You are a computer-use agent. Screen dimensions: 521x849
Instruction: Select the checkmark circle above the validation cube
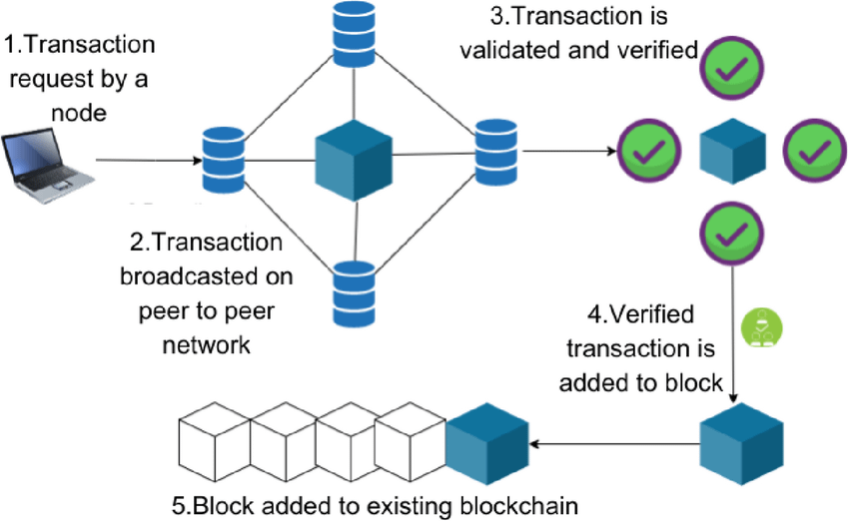coord(732,68)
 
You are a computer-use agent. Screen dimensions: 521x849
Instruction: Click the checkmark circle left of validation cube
coord(650,152)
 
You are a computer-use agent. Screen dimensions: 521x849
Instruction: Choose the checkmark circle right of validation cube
coord(814,152)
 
